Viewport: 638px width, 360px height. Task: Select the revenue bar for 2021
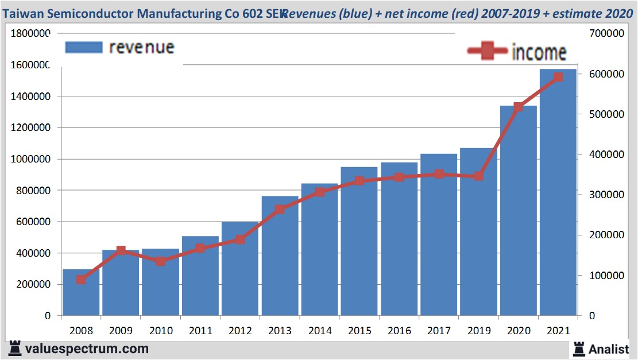point(558,195)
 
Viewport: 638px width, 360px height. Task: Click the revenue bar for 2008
point(81,293)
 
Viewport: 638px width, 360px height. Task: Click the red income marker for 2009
point(121,250)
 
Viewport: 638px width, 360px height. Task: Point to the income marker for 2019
point(478,176)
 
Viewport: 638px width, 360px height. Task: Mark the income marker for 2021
point(558,77)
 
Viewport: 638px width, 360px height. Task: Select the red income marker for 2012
point(240,239)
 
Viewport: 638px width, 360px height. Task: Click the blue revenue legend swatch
point(84,47)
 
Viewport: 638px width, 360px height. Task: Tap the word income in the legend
point(539,52)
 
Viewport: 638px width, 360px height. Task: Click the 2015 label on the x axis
point(359,331)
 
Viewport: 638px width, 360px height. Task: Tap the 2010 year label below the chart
point(160,331)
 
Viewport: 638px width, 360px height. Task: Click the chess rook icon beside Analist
point(579,349)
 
